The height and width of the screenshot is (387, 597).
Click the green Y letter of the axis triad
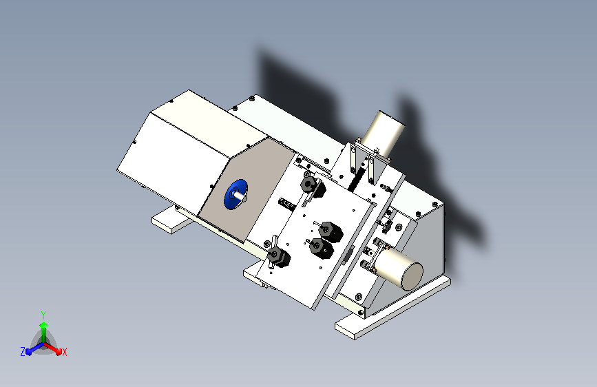pyautogui.click(x=43, y=314)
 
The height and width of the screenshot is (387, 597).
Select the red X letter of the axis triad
pyautogui.click(x=65, y=352)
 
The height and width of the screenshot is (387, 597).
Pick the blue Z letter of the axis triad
pyautogui.click(x=23, y=351)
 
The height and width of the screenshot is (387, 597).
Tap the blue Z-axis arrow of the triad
pyautogui.click(x=32, y=348)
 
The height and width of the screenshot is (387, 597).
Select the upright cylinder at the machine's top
pyautogui.click(x=382, y=132)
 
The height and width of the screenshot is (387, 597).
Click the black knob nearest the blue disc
pyautogui.click(x=308, y=184)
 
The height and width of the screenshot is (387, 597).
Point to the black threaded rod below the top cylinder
pyautogui.click(x=357, y=180)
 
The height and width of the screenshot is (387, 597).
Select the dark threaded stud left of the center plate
pyautogui.click(x=288, y=204)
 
